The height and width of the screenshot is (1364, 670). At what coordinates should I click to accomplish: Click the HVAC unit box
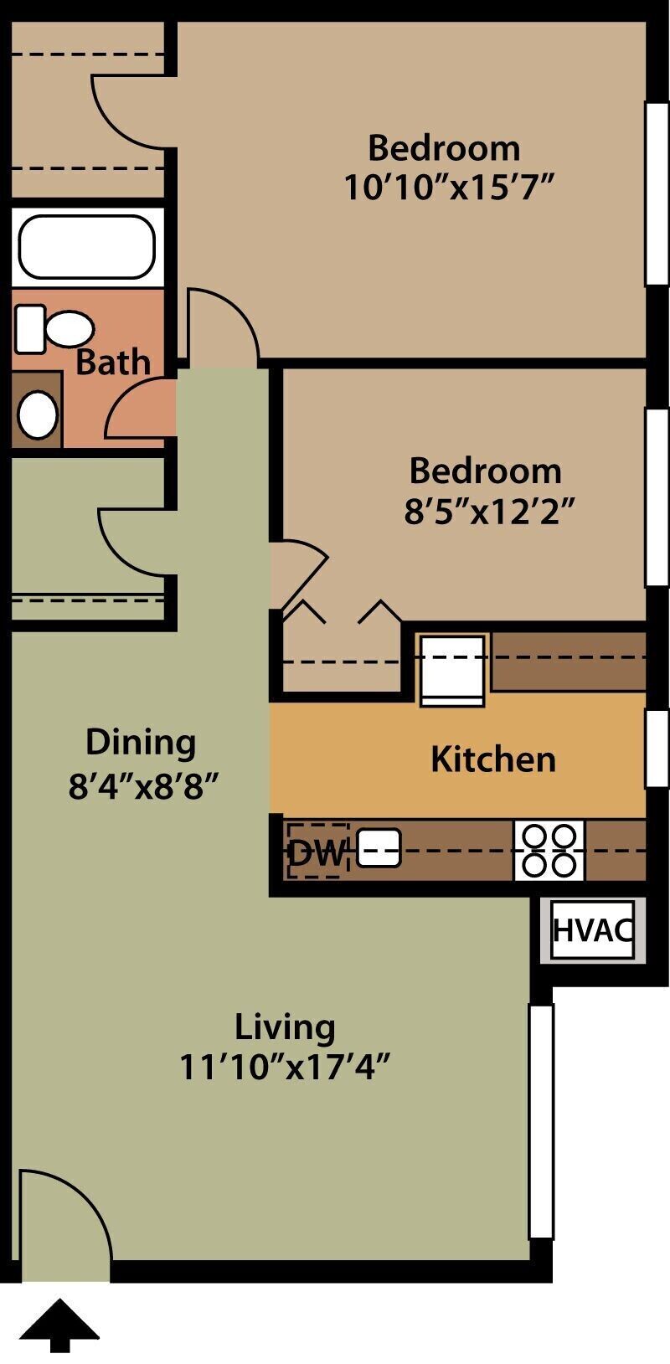coord(593,929)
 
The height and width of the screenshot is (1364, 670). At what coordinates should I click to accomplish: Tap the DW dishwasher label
coord(317,853)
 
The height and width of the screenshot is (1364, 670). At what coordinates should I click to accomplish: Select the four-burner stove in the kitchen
coord(549,850)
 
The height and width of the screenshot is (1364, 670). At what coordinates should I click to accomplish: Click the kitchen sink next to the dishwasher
coord(379,847)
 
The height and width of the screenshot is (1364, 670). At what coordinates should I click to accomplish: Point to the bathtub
coord(87,247)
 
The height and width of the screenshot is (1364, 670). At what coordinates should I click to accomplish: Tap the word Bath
coord(113,363)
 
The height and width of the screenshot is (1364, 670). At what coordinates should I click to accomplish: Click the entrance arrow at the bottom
coord(59,1325)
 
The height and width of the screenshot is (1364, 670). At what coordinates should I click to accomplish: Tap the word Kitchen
coord(493,759)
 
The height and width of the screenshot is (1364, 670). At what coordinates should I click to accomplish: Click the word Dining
coord(141,742)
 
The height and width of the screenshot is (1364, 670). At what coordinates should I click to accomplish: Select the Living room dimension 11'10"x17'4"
coord(286,1068)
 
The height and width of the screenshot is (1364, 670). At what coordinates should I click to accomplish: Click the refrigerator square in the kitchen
coord(452,670)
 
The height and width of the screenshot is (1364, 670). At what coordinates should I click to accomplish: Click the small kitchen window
coord(657,748)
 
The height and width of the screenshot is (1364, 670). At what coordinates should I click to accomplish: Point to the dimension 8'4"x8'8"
coord(143,787)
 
